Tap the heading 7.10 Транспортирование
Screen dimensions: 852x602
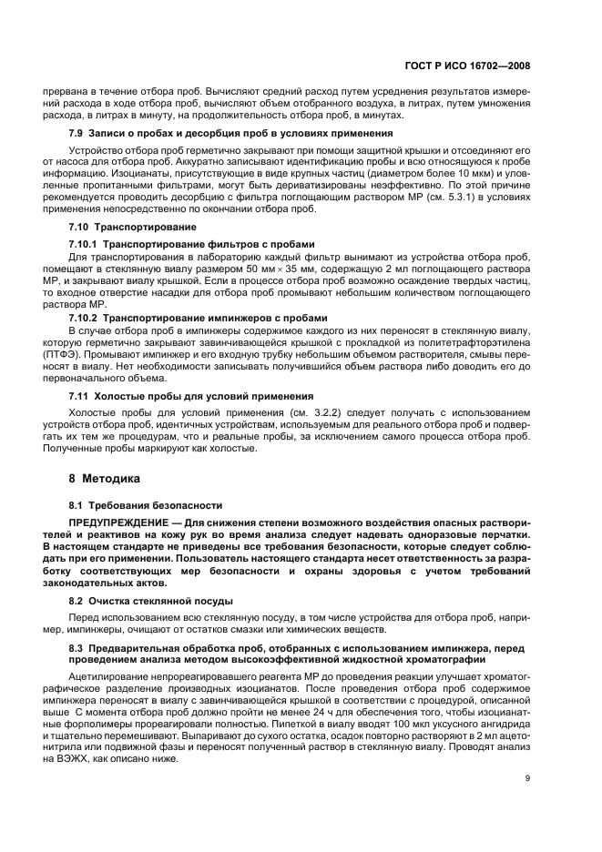click(120, 225)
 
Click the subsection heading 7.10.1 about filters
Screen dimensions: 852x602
click(191, 244)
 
